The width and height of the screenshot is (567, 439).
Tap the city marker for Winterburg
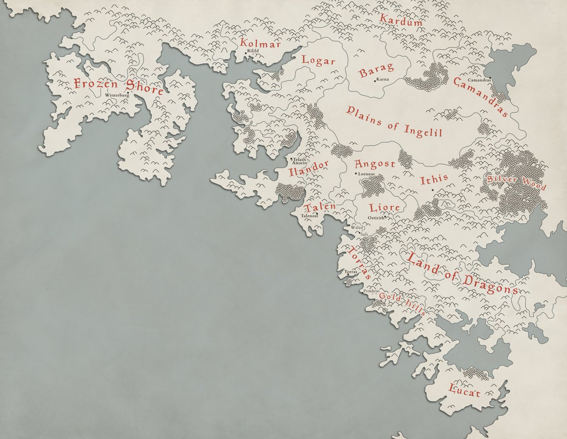pos(128,93)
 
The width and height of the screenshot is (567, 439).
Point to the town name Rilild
pos(253,51)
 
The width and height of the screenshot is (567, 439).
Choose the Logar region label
pos(318,61)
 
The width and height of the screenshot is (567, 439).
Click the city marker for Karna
pos(375,81)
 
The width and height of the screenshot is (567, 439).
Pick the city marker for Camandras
pos(490,78)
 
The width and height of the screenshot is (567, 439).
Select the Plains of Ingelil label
pos(394,121)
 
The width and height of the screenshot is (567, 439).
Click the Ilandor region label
pos(308,168)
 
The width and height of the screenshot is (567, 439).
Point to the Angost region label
pos(375,164)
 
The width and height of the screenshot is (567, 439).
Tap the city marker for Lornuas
pos(356,174)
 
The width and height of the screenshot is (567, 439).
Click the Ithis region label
pos(434,179)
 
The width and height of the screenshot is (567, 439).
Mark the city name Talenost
pos(309,216)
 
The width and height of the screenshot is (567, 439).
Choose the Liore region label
pos(384,207)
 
